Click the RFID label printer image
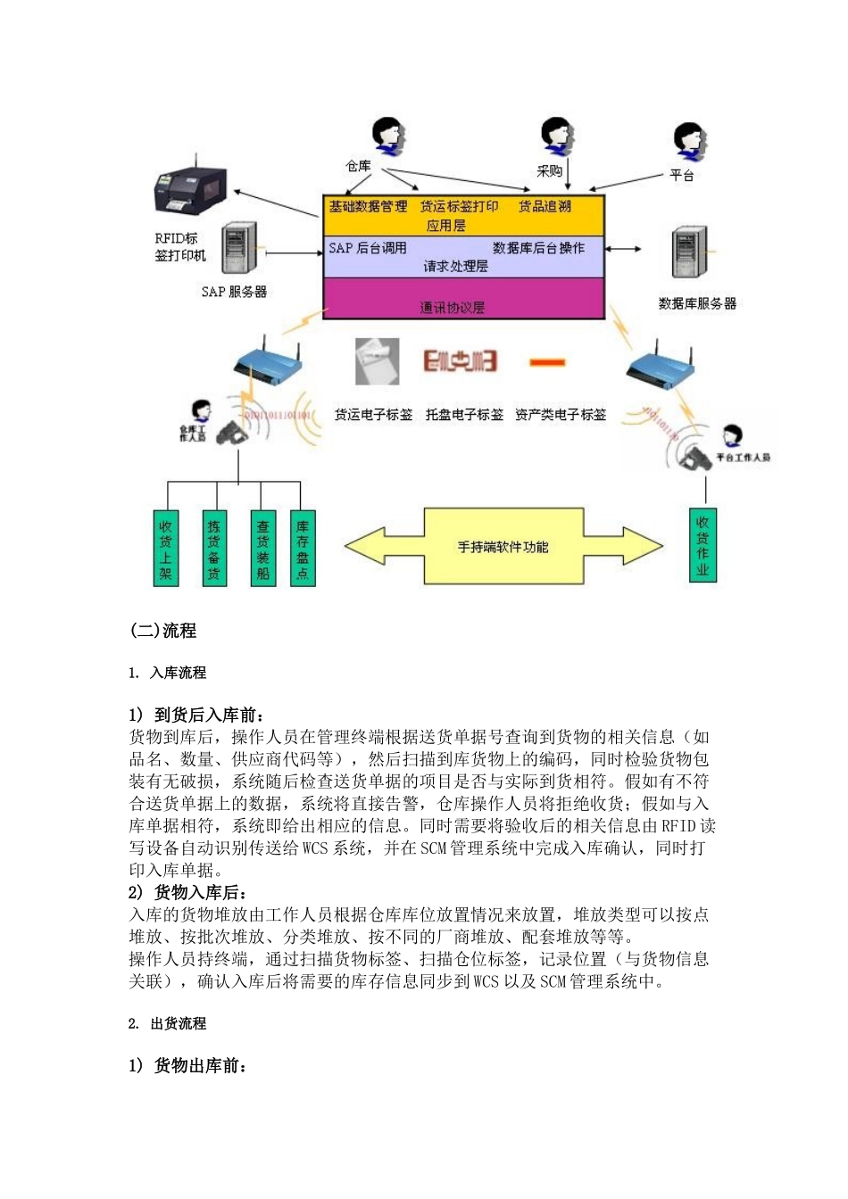[x=190, y=189]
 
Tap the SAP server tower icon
[x=238, y=248]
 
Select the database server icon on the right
[x=691, y=252]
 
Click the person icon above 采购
[x=557, y=136]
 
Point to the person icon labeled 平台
[x=690, y=143]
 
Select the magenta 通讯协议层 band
[x=462, y=299]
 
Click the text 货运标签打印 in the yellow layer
[x=459, y=206]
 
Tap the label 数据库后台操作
[x=538, y=248]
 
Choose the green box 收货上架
[x=166, y=548]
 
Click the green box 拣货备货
[x=214, y=548]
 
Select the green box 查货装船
[x=262, y=548]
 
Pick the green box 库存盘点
[x=303, y=548]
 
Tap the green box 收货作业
[x=703, y=545]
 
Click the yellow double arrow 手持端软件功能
[x=503, y=546]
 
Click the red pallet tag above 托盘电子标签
[x=460, y=361]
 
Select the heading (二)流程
[x=163, y=631]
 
